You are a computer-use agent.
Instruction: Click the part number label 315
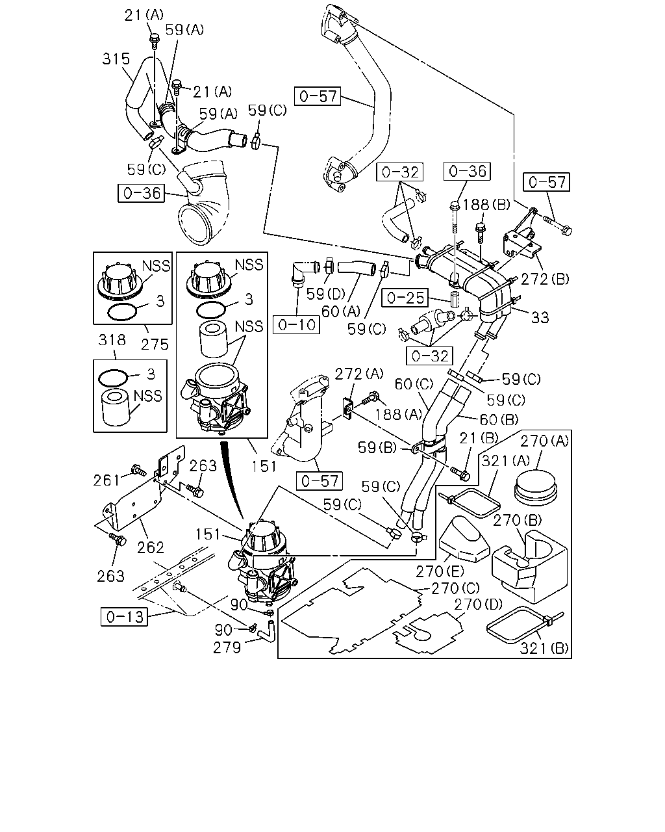point(116,58)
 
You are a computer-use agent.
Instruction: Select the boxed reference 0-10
point(296,325)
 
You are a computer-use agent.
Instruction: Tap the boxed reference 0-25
point(405,298)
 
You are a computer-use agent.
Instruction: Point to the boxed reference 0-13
point(125,616)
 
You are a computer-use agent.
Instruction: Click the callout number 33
point(540,317)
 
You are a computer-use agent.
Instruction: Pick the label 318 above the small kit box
point(112,340)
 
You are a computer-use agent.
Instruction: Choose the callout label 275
point(155,344)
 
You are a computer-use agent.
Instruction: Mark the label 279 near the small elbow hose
point(227,647)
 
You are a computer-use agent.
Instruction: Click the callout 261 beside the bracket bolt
point(107,480)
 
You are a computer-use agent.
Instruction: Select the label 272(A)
point(359,374)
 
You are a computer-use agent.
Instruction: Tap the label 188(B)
point(486,205)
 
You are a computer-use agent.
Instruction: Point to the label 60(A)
point(341,311)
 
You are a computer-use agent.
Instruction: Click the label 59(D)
point(326,294)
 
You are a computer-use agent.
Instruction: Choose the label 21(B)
point(479,438)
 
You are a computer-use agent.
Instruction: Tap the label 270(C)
point(455,588)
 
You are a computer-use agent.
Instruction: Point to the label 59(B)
point(377,447)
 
